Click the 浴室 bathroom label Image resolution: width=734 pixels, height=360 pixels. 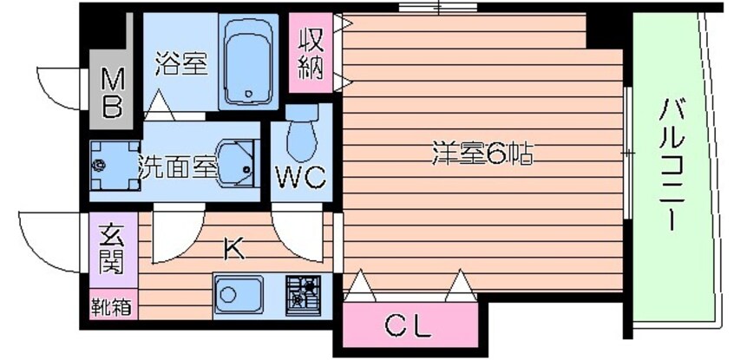coord(181,64)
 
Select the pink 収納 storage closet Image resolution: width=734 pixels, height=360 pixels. coord(311,54)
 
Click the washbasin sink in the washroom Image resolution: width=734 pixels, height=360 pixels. coord(236,161)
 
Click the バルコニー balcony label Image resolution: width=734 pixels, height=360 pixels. coord(672,165)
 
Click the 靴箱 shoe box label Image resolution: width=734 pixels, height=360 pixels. coord(111,306)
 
